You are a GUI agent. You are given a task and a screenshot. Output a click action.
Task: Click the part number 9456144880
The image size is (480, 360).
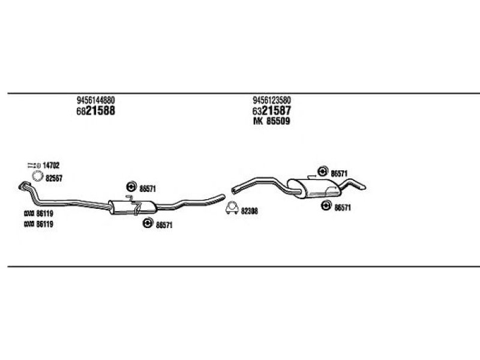click(x=96, y=100)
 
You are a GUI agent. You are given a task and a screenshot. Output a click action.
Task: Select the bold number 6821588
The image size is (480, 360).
click(x=96, y=111)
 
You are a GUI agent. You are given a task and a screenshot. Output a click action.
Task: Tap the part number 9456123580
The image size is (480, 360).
click(x=276, y=100)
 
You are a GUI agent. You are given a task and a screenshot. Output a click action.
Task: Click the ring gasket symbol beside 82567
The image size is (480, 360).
click(x=37, y=176)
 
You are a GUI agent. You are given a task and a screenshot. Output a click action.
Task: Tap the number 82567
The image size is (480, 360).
click(x=55, y=177)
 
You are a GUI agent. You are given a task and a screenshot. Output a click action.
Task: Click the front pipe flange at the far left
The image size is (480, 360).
click(x=24, y=185)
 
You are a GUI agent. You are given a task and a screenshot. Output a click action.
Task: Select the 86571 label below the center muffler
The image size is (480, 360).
click(x=164, y=224)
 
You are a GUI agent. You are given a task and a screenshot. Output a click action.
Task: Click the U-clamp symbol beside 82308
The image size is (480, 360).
click(x=230, y=209)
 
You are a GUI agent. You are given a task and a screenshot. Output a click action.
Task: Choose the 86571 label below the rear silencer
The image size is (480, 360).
click(x=342, y=207)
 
